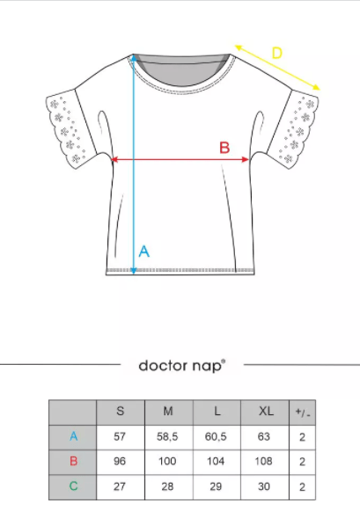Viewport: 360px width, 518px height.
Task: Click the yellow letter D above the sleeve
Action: click(x=277, y=53)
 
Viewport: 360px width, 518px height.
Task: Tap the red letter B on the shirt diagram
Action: click(x=224, y=148)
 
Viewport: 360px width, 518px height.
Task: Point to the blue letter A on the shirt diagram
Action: click(x=144, y=252)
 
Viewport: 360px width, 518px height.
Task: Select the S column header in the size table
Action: click(x=121, y=412)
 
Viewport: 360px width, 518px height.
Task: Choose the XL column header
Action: click(x=266, y=412)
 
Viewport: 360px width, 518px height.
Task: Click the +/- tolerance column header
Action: click(x=303, y=412)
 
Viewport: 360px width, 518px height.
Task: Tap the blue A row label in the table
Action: click(x=73, y=436)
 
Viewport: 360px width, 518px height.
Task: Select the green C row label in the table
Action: click(x=73, y=486)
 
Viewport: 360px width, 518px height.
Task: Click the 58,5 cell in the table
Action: click(x=167, y=437)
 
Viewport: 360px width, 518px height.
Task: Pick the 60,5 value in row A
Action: click(x=216, y=437)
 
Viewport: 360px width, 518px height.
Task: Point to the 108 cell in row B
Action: click(x=263, y=461)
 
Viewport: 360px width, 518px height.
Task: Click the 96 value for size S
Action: click(x=120, y=461)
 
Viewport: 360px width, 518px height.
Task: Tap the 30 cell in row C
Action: click(x=264, y=486)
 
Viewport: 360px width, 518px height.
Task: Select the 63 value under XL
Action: click(x=264, y=437)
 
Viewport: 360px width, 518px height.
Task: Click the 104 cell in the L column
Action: click(x=216, y=461)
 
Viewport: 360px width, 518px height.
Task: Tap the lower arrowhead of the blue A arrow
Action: click(x=133, y=271)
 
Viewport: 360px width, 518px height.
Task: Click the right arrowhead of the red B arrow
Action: click(x=246, y=159)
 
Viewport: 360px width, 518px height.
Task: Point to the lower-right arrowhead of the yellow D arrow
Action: click(x=316, y=87)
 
